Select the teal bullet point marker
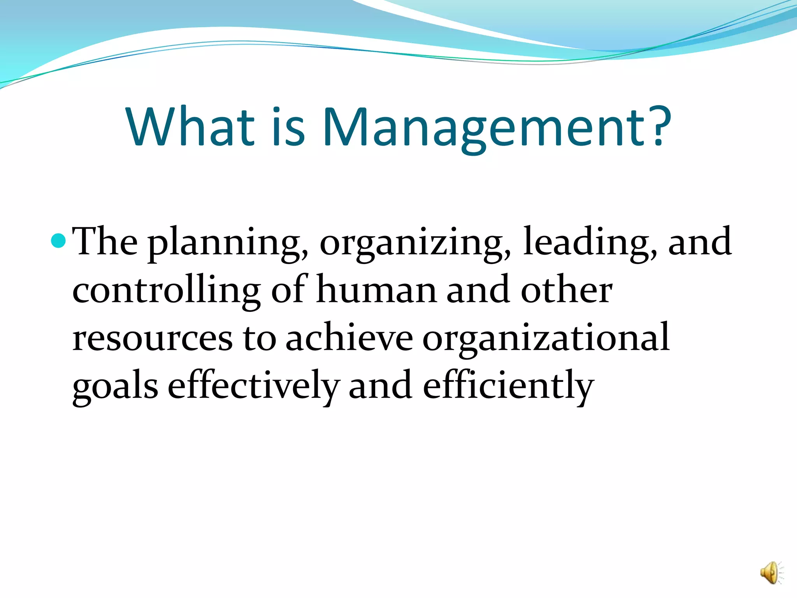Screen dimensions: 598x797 (58, 241)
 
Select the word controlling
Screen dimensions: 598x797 (167, 291)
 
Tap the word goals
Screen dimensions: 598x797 (115, 386)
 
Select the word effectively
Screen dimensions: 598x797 (253, 386)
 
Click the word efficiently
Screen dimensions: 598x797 (508, 386)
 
